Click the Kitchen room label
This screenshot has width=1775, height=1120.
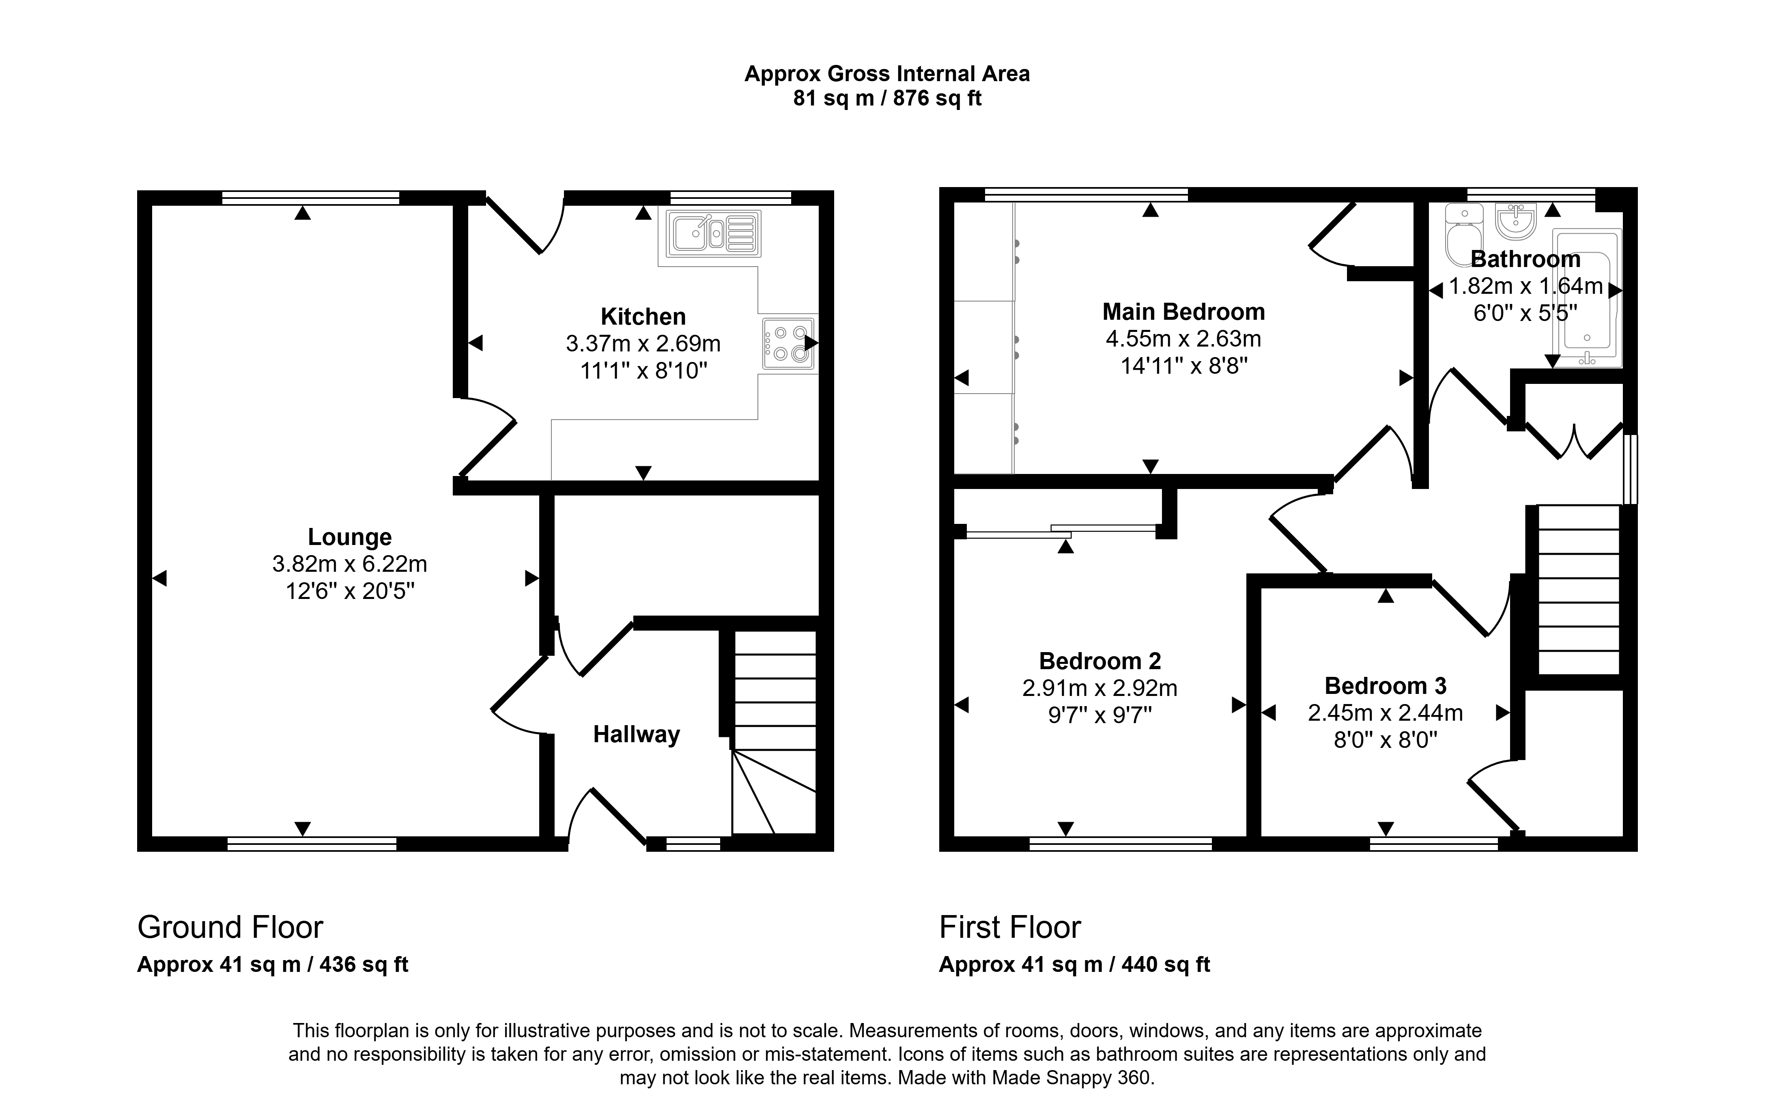[x=643, y=316]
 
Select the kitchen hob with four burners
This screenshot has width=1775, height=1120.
[x=788, y=343]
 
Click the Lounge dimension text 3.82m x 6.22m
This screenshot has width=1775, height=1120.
[x=349, y=564]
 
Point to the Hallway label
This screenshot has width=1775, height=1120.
[x=636, y=734]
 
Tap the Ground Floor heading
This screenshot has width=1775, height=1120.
[x=230, y=927]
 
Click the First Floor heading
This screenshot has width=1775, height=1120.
[x=1010, y=927]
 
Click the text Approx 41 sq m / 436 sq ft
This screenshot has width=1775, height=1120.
[x=273, y=965]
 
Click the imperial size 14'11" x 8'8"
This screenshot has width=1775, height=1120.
[x=1184, y=366]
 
